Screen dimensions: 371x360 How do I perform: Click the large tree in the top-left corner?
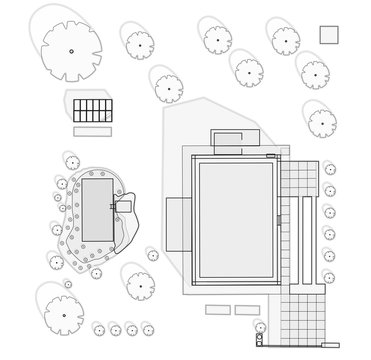(x=71, y=50)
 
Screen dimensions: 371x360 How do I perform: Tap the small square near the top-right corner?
(x=329, y=34)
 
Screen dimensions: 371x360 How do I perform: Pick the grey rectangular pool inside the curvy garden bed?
(x=96, y=208)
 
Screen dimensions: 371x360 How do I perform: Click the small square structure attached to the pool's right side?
(x=125, y=204)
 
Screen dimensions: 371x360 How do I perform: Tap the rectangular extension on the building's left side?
(x=178, y=224)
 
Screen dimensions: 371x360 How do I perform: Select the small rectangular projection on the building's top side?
(x=229, y=141)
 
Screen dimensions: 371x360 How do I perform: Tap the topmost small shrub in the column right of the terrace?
(x=329, y=170)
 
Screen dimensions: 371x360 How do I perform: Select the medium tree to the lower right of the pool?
(x=137, y=280)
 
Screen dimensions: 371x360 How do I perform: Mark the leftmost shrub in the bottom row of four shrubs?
(x=99, y=329)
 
